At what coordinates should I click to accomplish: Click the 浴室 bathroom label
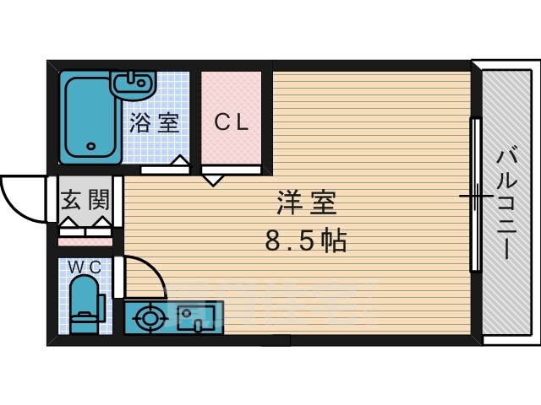coord(154,123)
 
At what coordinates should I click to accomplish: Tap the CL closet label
coord(231,123)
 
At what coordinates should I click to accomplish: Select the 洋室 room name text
coord(306,203)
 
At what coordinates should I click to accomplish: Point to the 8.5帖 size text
coord(305,242)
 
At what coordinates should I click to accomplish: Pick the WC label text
coord(85,267)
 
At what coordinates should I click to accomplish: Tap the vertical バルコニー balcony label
coord(506,202)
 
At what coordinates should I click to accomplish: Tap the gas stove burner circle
coord(150,319)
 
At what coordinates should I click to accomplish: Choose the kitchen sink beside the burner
coord(197,318)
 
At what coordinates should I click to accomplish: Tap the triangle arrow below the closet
coord(212,178)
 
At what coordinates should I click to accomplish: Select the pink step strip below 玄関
coord(85,241)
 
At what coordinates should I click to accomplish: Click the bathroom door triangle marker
coord(179,161)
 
